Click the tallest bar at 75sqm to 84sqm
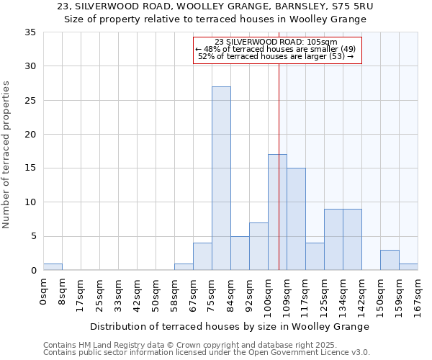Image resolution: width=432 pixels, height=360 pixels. pyautogui.click(x=221, y=179)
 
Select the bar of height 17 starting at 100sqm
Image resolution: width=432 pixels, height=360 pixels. pyautogui.click(x=277, y=212)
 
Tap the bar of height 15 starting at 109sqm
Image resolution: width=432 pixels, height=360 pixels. pyautogui.click(x=296, y=219)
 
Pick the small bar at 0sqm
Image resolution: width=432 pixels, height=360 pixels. pyautogui.click(x=53, y=267)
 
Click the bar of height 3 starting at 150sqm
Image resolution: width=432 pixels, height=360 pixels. pyautogui.click(x=390, y=260)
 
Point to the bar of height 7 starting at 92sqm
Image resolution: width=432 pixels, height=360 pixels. pyautogui.click(x=258, y=246)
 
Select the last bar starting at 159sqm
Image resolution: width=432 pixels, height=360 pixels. pyautogui.click(x=408, y=267)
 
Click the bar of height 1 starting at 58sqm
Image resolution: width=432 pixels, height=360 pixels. pyautogui.click(x=184, y=267)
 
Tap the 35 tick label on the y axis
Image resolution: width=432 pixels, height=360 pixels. pyautogui.click(x=30, y=32)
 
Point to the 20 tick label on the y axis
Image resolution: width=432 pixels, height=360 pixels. pyautogui.click(x=30, y=135)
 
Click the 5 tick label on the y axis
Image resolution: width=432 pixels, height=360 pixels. pyautogui.click(x=33, y=236)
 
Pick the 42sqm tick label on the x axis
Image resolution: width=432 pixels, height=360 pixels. pyautogui.click(x=137, y=292)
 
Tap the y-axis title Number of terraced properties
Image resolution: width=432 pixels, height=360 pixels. pyautogui.click(x=7, y=154)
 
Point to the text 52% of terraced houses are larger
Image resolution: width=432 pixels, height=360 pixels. pyautogui.click(x=276, y=56)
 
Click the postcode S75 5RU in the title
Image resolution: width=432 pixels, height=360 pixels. pyautogui.click(x=356, y=6)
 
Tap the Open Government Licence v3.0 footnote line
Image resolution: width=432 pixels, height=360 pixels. pyautogui.click(x=207, y=353)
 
